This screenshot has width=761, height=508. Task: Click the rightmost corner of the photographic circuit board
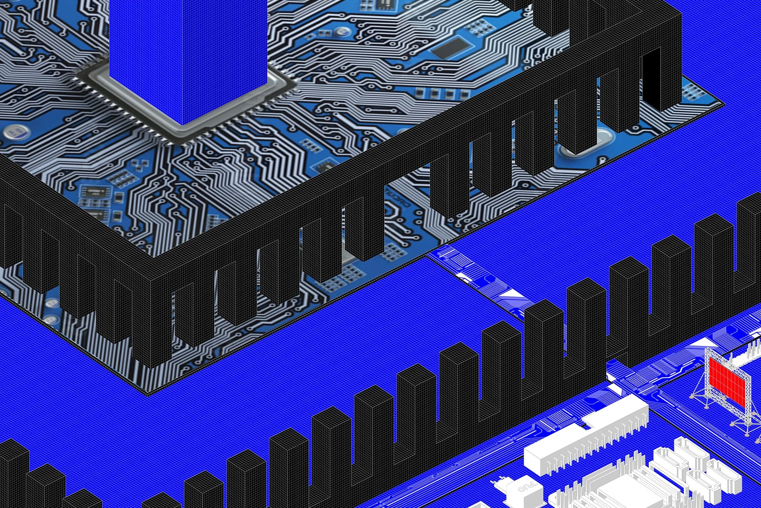[724, 104]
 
